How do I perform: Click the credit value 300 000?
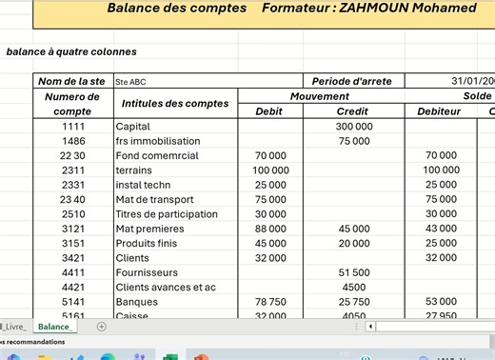tap(354, 126)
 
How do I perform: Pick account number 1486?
tap(72, 141)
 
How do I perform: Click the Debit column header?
tap(270, 111)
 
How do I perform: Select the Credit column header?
tap(353, 111)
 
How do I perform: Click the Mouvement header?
tap(319, 96)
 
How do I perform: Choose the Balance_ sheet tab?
tap(54, 326)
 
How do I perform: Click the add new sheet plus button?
tap(102, 327)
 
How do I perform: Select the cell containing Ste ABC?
tap(131, 82)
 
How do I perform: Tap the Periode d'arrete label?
tap(352, 82)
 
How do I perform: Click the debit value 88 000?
tap(270, 229)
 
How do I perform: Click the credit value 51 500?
tap(354, 272)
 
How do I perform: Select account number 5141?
tap(72, 302)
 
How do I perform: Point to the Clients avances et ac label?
tap(166, 288)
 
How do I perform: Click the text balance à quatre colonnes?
tap(71, 51)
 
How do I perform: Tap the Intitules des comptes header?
tap(175, 104)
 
